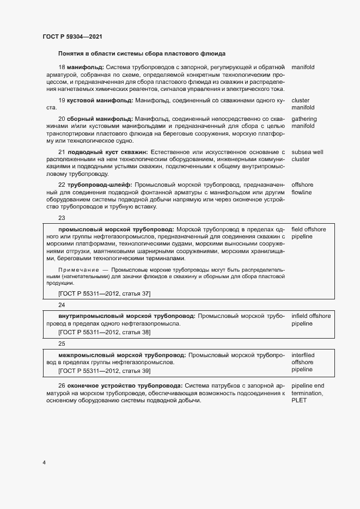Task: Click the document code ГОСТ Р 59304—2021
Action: click(x=72, y=36)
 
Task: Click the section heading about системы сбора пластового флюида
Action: click(x=142, y=54)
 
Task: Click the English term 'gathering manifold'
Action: click(x=304, y=122)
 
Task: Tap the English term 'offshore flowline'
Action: click(x=302, y=189)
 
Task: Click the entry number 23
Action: click(x=62, y=218)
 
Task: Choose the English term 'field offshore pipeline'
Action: click(x=309, y=233)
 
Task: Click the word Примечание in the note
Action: click(x=78, y=270)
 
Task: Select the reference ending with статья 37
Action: click(x=104, y=294)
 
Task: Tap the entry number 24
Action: click(x=62, y=305)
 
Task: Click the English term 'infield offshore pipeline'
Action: click(x=311, y=320)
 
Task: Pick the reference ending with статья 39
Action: click(x=104, y=371)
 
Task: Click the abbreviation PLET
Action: click(x=299, y=401)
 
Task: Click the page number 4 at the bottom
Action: click(x=44, y=463)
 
